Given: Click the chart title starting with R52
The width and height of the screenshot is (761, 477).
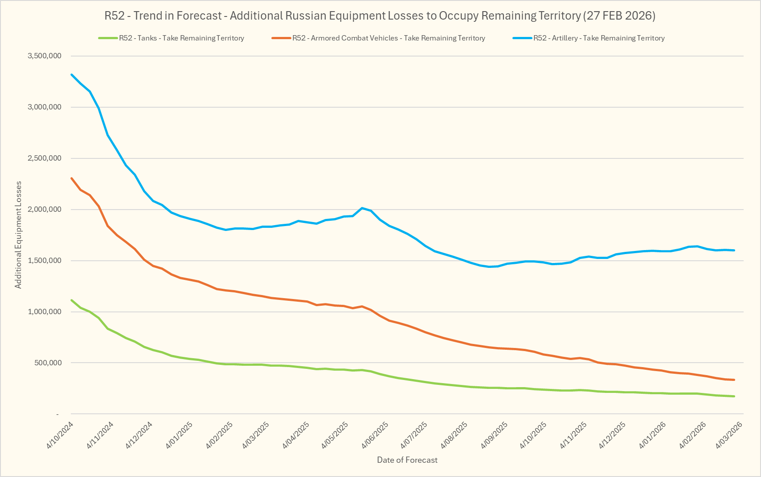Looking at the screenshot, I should pos(380,16).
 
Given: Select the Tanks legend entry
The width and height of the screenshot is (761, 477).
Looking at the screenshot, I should pos(181,38).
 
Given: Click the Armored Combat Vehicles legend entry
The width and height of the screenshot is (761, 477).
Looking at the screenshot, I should pos(388,38).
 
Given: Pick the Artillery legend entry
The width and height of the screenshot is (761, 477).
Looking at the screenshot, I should pos(598,38).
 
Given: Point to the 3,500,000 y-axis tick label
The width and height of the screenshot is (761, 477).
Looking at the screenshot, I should pos(44,56).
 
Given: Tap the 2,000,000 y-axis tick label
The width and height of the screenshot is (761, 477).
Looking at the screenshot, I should pos(44,210).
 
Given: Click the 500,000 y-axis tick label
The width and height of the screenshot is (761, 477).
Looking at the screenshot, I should pos(48,363).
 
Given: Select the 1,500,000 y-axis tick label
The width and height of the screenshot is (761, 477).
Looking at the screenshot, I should pos(44,261).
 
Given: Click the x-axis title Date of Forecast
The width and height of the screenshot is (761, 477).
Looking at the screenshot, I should pos(407,460).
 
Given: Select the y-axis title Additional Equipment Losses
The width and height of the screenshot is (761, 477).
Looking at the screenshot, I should pos(18,235).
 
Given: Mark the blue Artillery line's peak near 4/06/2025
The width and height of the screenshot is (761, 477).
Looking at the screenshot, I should pos(362,208).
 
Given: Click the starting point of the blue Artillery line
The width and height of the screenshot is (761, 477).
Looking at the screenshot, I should pos(72,75).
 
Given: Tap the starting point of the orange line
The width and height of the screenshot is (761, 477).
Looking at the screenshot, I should pos(72,178).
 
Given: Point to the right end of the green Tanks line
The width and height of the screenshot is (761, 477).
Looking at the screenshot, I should pos(734,396).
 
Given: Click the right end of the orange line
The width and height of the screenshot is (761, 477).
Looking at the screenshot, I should pos(734,380).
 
